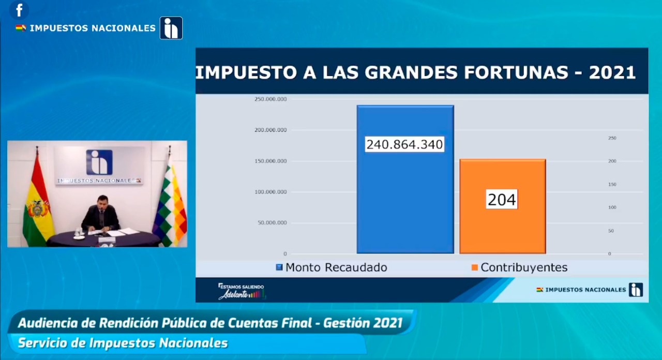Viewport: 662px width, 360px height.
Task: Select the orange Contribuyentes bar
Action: click(503, 228)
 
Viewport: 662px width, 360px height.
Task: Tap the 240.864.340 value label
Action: click(405, 144)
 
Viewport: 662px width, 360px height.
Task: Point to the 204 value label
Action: click(502, 200)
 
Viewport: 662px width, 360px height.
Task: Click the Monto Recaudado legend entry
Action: click(332, 267)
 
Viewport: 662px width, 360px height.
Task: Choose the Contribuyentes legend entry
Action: click(519, 267)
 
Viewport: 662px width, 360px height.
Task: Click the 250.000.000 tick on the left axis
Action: click(270, 99)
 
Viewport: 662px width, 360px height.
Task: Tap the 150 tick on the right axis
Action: click(612, 184)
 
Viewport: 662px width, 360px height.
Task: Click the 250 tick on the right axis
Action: click(612, 138)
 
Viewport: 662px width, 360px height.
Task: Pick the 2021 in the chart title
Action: click(612, 72)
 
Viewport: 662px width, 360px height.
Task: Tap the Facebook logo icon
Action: click(20, 10)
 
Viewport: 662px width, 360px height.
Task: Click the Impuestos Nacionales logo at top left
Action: click(171, 28)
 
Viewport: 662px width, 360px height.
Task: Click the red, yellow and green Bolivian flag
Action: click(38, 204)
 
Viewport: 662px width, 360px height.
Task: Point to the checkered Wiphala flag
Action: click(171, 204)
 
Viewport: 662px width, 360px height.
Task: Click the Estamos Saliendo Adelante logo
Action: click(242, 291)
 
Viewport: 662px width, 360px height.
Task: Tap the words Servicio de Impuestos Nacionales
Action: click(123, 343)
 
